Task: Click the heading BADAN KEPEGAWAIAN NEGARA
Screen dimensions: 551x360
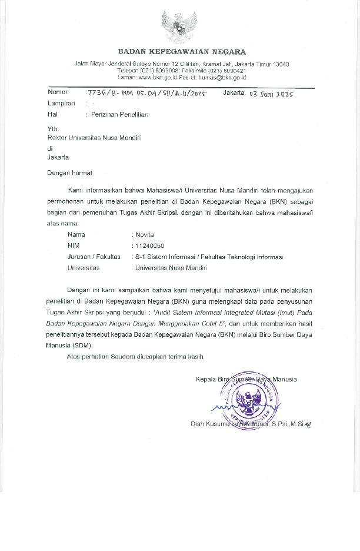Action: [x=182, y=52]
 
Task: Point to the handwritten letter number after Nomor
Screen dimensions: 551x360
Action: [x=146, y=93]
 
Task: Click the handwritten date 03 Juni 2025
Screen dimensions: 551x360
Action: [x=271, y=94]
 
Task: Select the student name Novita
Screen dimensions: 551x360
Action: [x=145, y=234]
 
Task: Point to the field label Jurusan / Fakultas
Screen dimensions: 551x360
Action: [x=94, y=257]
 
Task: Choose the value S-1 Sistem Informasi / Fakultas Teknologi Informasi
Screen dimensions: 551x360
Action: [x=209, y=257]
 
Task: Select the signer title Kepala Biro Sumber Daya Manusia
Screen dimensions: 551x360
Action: [x=246, y=379]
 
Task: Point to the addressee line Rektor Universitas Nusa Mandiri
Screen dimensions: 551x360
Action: [x=94, y=138]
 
